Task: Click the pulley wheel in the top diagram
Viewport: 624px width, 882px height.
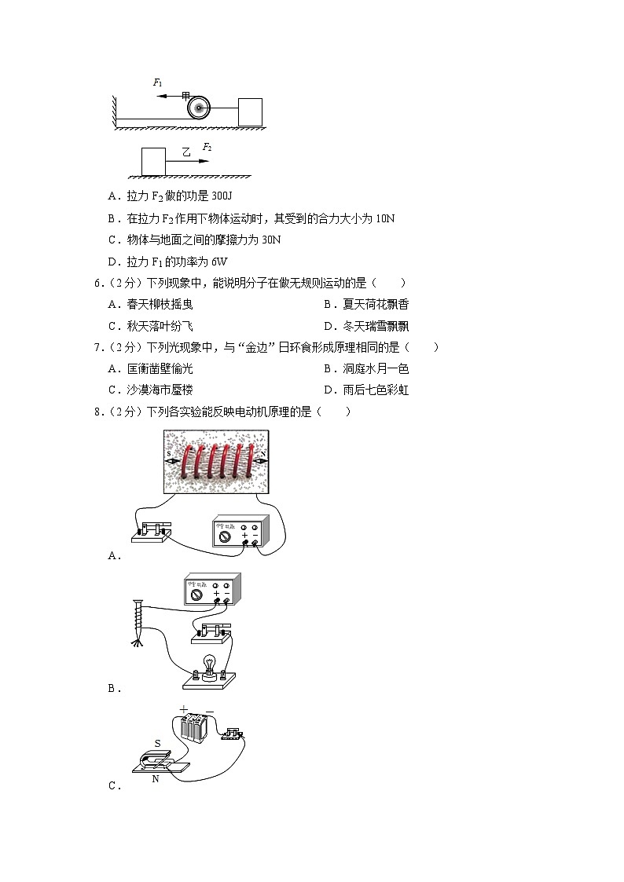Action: coord(199,107)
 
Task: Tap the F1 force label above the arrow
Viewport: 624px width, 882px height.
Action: coord(158,82)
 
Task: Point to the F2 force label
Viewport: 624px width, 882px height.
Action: coord(207,147)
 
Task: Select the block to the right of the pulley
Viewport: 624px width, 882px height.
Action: coord(250,111)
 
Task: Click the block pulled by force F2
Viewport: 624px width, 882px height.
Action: coord(153,161)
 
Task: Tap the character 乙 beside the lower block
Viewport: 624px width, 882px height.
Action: coord(186,152)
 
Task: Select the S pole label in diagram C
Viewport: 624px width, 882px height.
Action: coord(157,742)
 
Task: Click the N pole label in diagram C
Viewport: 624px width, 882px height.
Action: coord(155,778)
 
